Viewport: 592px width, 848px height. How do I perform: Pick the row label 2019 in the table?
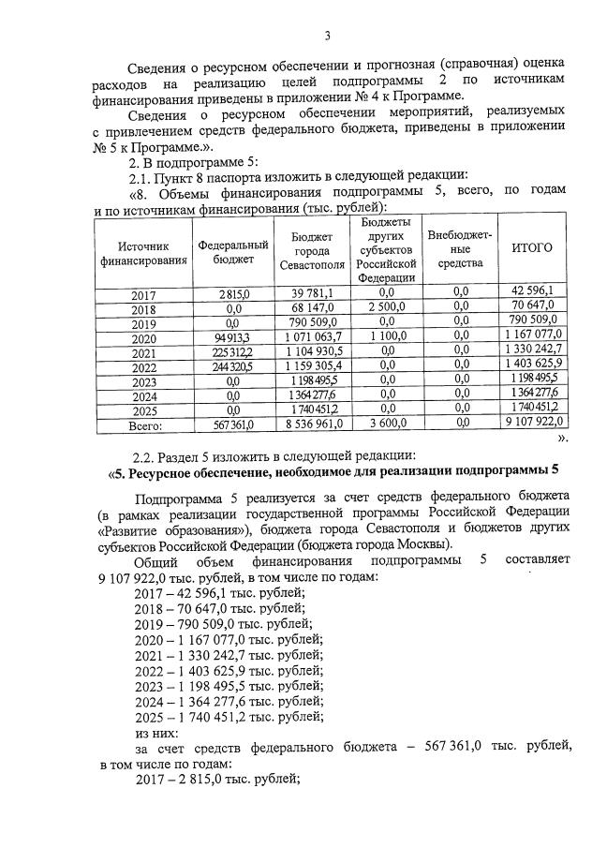pos(143,323)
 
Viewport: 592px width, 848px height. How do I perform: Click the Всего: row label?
pos(143,424)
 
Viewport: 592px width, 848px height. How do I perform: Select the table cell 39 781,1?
pos(318,293)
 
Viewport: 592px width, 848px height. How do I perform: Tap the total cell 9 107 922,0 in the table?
pos(531,424)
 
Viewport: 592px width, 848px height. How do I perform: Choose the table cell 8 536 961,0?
pos(318,424)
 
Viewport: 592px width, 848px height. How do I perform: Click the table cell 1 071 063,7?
pos(318,339)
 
